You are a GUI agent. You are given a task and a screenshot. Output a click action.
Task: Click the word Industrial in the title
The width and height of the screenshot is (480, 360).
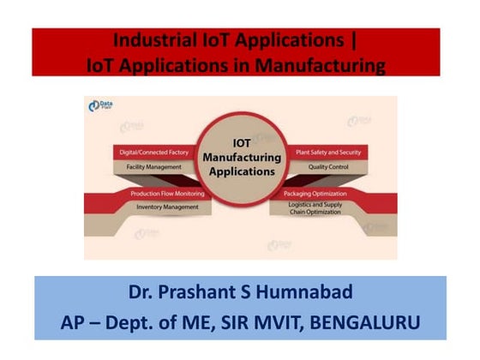[154, 39]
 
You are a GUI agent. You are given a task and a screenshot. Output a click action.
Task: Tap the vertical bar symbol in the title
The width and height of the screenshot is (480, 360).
[353, 39]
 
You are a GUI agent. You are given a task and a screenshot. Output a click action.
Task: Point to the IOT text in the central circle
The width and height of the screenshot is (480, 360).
[241, 143]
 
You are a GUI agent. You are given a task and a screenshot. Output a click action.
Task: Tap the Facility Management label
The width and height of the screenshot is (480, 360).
[155, 166]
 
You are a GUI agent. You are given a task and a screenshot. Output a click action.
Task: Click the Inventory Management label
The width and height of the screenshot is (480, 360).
[168, 207]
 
